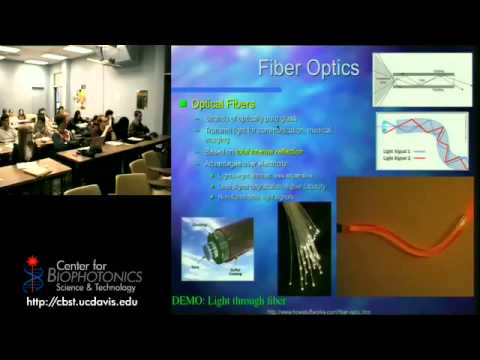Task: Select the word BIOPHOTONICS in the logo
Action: pos(98,276)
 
